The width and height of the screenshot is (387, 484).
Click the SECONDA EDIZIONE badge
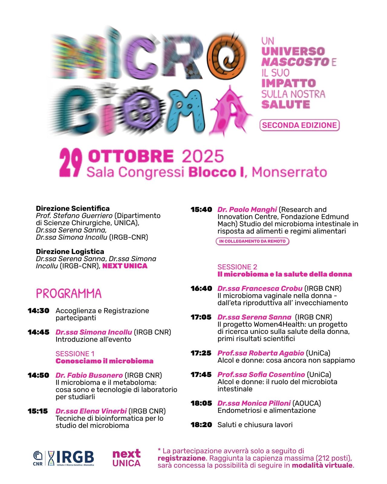[x=299, y=125]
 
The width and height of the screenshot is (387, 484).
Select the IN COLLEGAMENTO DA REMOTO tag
[x=252, y=241]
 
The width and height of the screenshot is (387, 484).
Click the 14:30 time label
[x=38, y=311]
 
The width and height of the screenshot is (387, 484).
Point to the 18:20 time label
[x=201, y=425]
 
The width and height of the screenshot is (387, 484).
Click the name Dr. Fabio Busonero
[x=89, y=375]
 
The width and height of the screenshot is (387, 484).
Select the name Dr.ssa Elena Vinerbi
[x=91, y=411]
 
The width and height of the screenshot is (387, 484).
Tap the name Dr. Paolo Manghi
[x=247, y=209]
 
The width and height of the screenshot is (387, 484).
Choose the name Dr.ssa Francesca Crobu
[x=260, y=288]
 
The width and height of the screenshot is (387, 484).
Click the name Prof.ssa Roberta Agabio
[x=261, y=353]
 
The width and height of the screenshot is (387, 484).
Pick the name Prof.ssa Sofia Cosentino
[x=261, y=374]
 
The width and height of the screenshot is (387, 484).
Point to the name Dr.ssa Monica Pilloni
[x=254, y=403]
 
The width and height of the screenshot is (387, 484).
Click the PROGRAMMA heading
[x=69, y=293]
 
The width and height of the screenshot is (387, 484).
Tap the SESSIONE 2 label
[x=237, y=267]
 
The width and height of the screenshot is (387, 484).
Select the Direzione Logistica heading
[x=70, y=251]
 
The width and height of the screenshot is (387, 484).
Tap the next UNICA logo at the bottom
[x=126, y=458]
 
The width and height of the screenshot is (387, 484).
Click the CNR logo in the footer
[x=38, y=458]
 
